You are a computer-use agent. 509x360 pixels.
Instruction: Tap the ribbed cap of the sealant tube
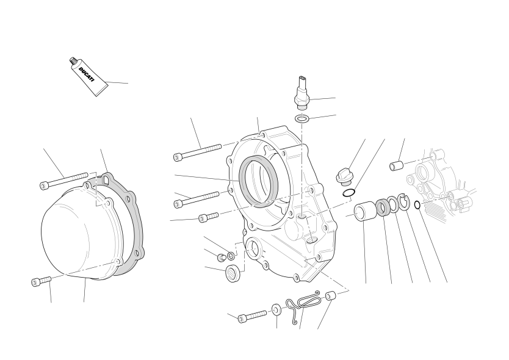click(73, 61)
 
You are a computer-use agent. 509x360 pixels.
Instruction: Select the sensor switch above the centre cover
click(302, 93)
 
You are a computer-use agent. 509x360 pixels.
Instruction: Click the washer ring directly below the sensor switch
click(302, 118)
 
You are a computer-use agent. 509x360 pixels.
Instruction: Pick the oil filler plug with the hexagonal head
click(344, 177)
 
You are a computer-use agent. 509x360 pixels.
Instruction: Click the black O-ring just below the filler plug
click(348, 193)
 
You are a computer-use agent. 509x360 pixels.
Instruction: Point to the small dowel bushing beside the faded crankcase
click(396, 165)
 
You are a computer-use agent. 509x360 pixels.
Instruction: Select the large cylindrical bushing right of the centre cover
click(366, 211)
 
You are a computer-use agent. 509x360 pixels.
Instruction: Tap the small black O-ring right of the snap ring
click(417, 205)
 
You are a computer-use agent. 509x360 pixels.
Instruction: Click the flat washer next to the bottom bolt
click(276, 310)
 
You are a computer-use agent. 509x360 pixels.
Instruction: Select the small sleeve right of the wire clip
click(330, 296)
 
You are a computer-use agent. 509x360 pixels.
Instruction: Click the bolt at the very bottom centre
click(252, 316)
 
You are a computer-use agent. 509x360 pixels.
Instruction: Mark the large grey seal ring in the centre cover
click(258, 181)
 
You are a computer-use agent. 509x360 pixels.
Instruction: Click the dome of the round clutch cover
click(79, 232)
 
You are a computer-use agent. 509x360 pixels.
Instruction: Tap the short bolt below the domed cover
click(42, 281)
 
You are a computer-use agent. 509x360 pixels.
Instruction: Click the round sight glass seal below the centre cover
click(233, 273)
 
